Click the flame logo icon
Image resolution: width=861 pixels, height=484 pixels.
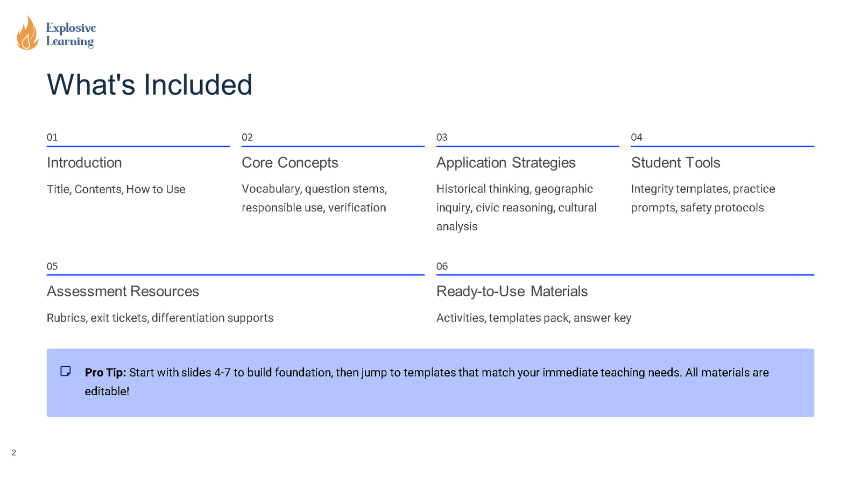[x=27, y=33]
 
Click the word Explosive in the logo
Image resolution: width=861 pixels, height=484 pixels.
[x=70, y=28]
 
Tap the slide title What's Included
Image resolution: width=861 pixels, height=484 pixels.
[x=150, y=85]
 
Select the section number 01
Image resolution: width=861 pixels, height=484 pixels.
[x=52, y=137]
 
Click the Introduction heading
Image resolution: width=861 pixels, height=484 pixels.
[x=84, y=162]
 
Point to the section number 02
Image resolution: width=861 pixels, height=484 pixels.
[x=247, y=137]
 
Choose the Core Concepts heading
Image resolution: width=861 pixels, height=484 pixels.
[x=290, y=162]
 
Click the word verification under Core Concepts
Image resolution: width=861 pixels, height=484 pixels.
[x=357, y=208]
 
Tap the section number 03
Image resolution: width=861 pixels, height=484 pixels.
[x=442, y=137]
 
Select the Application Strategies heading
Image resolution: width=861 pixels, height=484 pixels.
[x=506, y=162]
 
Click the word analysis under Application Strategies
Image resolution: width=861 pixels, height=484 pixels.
[x=457, y=226]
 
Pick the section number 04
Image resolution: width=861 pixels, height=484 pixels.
[x=637, y=137]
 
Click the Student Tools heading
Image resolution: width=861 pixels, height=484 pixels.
[x=675, y=162]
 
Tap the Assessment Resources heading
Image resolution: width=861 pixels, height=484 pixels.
[x=123, y=291]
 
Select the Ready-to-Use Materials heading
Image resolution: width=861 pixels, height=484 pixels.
[x=512, y=291]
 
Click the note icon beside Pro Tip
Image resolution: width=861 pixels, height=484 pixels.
[x=66, y=371]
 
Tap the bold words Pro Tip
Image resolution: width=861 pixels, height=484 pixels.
[x=105, y=372]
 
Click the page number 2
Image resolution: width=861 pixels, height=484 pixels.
[x=14, y=453]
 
